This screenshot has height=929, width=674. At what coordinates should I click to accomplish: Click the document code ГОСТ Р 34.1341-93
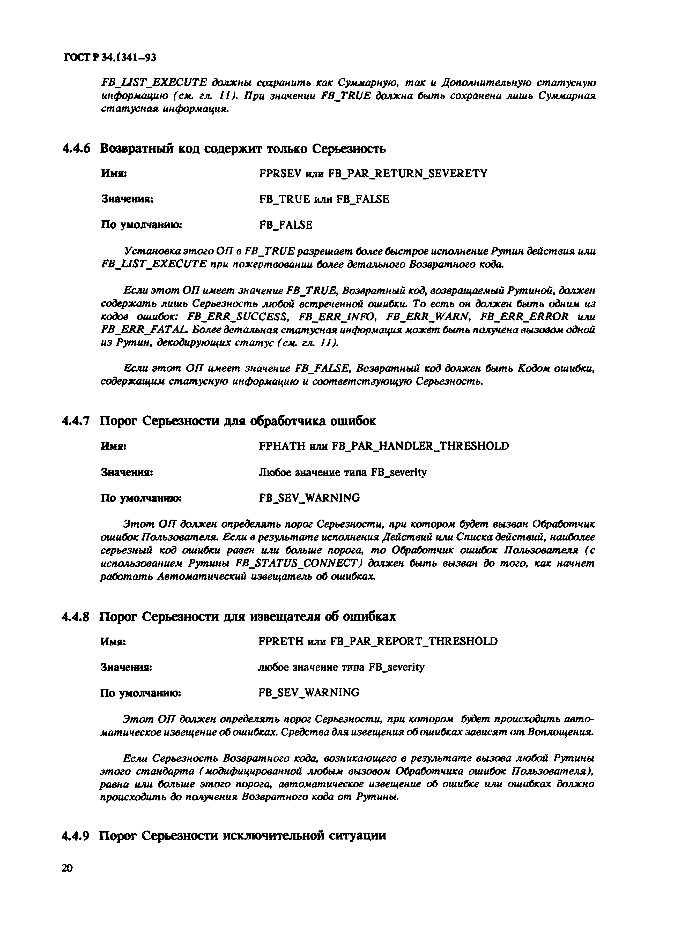[109, 57]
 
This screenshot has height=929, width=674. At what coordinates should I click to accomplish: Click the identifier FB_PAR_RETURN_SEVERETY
[408, 174]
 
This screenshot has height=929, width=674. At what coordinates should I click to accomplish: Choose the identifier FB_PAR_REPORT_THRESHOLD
[414, 641]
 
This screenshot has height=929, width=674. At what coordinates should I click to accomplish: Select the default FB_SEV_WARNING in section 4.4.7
[309, 498]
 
